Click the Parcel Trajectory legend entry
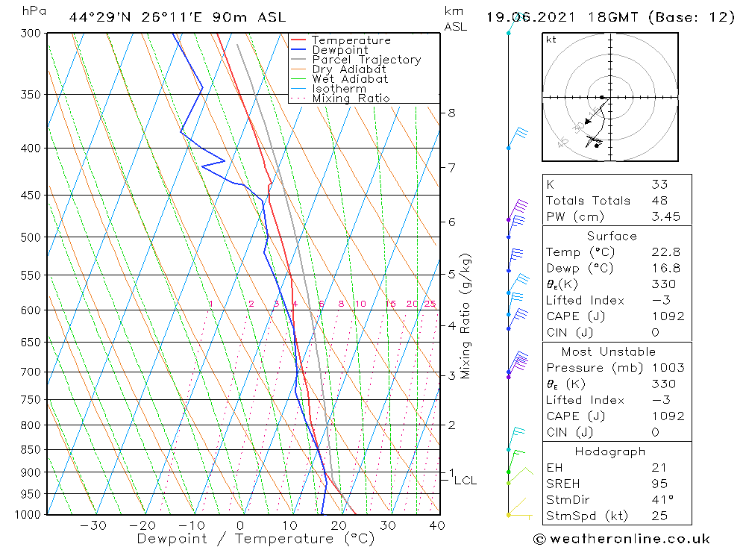pos(366,60)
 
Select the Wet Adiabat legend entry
pos(350,79)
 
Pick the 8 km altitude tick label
pos(451,113)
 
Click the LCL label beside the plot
pos(465,481)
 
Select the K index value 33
pos(659,184)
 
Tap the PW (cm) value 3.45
pos(662,216)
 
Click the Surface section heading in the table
pos(612,236)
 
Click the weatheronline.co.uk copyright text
pos(621,539)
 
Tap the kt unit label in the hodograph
pos(551,40)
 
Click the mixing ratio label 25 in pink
pos(430,304)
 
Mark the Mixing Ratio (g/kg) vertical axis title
pos(466,316)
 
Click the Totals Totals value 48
pos(659,200)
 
